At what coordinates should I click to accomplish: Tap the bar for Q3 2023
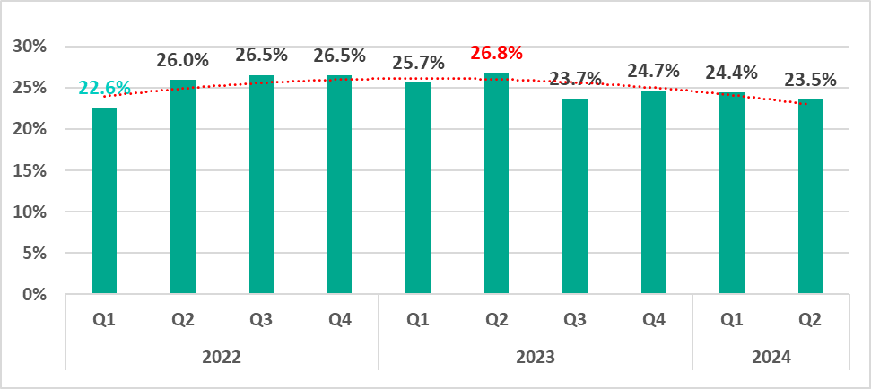pos(575,196)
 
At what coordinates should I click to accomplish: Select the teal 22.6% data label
pos(105,88)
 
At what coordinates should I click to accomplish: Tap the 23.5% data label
pos(810,79)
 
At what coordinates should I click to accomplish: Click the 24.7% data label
pos(653,70)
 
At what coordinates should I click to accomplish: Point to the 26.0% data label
pos(182,61)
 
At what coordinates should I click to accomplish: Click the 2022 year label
pos(222,357)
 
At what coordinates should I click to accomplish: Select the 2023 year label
pos(536,357)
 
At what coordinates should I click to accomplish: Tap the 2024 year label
pos(771,357)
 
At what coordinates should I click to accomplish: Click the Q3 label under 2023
pos(575,319)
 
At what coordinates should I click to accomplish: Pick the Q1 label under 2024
pos(731,319)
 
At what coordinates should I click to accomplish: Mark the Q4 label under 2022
pos(339,319)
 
